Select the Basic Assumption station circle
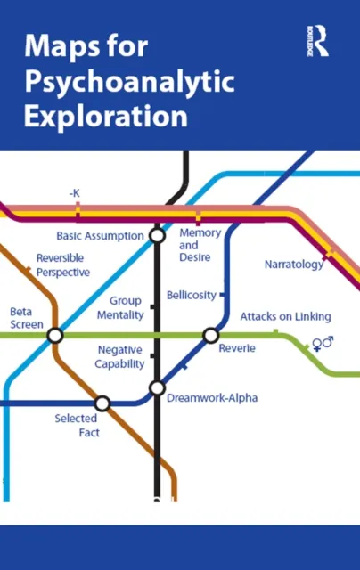(157, 235)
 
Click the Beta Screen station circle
(55, 335)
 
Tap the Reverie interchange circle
(210, 335)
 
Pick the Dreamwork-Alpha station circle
(157, 387)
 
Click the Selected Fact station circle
(102, 403)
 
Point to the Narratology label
(294, 264)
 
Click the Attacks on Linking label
(285, 316)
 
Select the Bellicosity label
(191, 295)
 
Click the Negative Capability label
(120, 356)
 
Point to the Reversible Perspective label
(62, 265)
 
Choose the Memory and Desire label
(200, 243)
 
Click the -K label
(75, 192)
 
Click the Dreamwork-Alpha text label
(212, 398)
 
